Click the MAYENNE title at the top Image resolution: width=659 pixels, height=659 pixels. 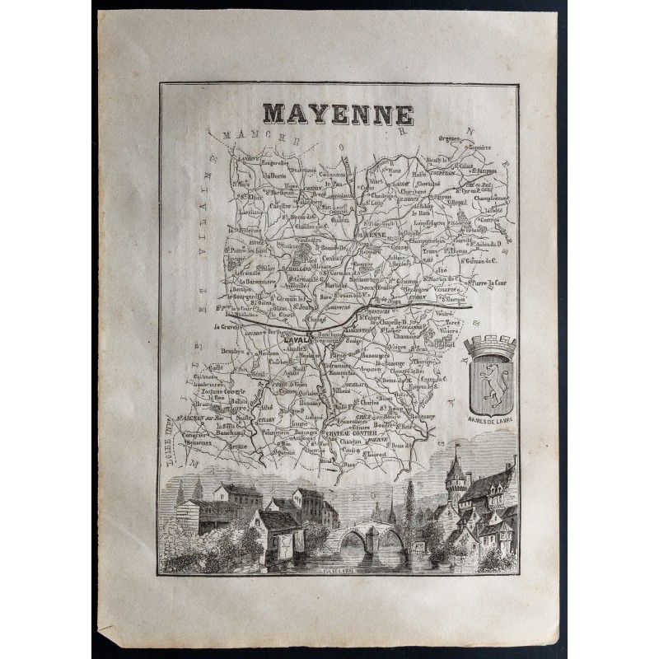click(338, 113)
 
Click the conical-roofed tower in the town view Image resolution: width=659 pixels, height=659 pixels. click(456, 478)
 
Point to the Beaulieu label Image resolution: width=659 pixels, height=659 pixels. click(223, 351)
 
